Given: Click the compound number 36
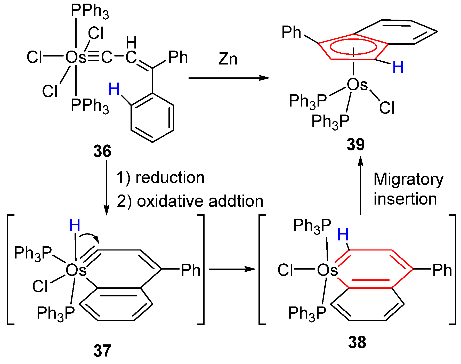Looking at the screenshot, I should (x=102, y=151).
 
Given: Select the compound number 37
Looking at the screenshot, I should (x=102, y=351).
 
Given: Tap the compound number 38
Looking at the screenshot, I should (x=357, y=343).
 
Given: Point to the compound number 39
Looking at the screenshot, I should (x=356, y=144).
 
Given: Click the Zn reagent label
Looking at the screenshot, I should (x=228, y=59).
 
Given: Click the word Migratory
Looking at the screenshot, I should (x=408, y=180).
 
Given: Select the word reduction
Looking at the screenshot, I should (x=170, y=178).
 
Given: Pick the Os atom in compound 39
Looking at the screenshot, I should (x=357, y=85).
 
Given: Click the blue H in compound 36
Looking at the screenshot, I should (x=114, y=89).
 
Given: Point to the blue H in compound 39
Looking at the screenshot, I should (x=398, y=67).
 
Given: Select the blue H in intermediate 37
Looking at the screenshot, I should (x=75, y=225).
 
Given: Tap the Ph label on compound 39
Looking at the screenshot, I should (x=291, y=33).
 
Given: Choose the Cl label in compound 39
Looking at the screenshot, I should (x=387, y=108).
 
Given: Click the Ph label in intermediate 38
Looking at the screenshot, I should (x=442, y=270).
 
